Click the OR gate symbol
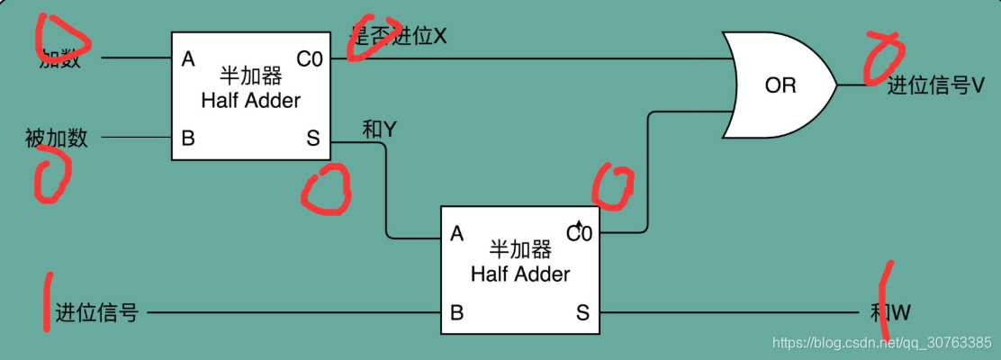coord(779,85)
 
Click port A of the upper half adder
coord(188,59)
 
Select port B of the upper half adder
coord(188,139)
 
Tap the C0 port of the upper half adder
coord(309,59)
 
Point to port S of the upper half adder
coord(312,139)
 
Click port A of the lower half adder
coord(456,234)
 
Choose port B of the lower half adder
coord(456,313)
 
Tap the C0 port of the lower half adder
coord(579,234)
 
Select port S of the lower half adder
coord(582,313)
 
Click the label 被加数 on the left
coord(56,139)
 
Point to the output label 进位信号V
coord(936,85)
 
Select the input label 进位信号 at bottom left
coord(96,313)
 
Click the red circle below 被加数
coord(51,174)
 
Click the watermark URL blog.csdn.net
coord(882,342)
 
